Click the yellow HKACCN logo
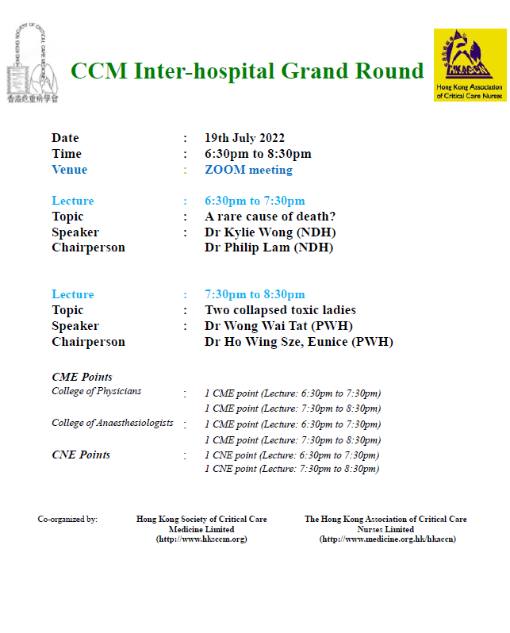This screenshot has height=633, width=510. [x=470, y=65]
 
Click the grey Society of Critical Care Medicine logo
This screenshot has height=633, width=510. [x=33, y=63]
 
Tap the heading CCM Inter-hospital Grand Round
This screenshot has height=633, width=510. [x=247, y=71]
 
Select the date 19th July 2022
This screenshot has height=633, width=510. [x=245, y=138]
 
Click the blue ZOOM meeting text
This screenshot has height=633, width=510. [x=249, y=170]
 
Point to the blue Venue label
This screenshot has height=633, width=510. [x=70, y=170]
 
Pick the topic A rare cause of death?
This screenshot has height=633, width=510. [x=270, y=217]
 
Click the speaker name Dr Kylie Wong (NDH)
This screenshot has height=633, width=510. [x=270, y=232]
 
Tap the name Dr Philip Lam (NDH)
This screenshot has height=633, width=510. [x=269, y=247]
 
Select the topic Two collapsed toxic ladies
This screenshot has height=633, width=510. [x=280, y=310]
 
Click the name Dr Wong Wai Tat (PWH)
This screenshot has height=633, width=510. [x=278, y=326]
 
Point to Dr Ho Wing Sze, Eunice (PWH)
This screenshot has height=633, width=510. [x=299, y=342]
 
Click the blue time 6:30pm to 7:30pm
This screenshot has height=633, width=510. [x=255, y=201]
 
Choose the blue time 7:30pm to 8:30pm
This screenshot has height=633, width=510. [x=255, y=294]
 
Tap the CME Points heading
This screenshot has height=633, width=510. [x=82, y=377]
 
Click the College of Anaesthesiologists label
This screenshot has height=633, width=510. [x=113, y=423]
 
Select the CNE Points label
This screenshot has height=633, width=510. [x=81, y=455]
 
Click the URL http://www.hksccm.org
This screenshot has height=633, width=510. [x=201, y=539]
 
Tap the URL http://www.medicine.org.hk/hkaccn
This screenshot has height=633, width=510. [x=388, y=539]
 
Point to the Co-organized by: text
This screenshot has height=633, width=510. [x=67, y=519]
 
